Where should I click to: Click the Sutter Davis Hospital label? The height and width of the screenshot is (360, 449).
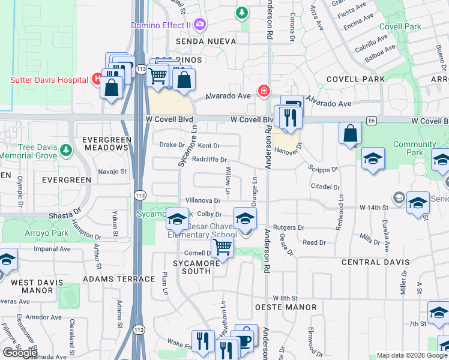pos(49,80)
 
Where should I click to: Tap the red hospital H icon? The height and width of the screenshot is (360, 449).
pos(95,79)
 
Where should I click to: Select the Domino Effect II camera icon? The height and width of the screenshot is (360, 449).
pos(199,25)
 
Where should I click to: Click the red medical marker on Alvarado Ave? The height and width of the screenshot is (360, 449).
pos(263,91)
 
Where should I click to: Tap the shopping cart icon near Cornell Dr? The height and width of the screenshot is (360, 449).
pos(223,247)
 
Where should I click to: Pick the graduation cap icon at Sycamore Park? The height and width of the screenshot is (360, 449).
pos(178,220)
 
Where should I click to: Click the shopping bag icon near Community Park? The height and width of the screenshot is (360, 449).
pos(350,134)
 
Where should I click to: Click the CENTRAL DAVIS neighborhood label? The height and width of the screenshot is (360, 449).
pos(375,262)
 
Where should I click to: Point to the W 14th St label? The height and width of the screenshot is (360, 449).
pos(375,207)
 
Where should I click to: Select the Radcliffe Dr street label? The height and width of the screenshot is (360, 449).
pos(209,160)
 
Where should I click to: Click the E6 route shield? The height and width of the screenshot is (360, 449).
pos(372,121)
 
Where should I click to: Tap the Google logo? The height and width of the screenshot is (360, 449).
pos(20,353)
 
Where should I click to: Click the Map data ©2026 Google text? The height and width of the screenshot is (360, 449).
pos(412,355)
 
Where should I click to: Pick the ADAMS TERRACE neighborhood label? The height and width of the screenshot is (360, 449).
pos(119,279)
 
